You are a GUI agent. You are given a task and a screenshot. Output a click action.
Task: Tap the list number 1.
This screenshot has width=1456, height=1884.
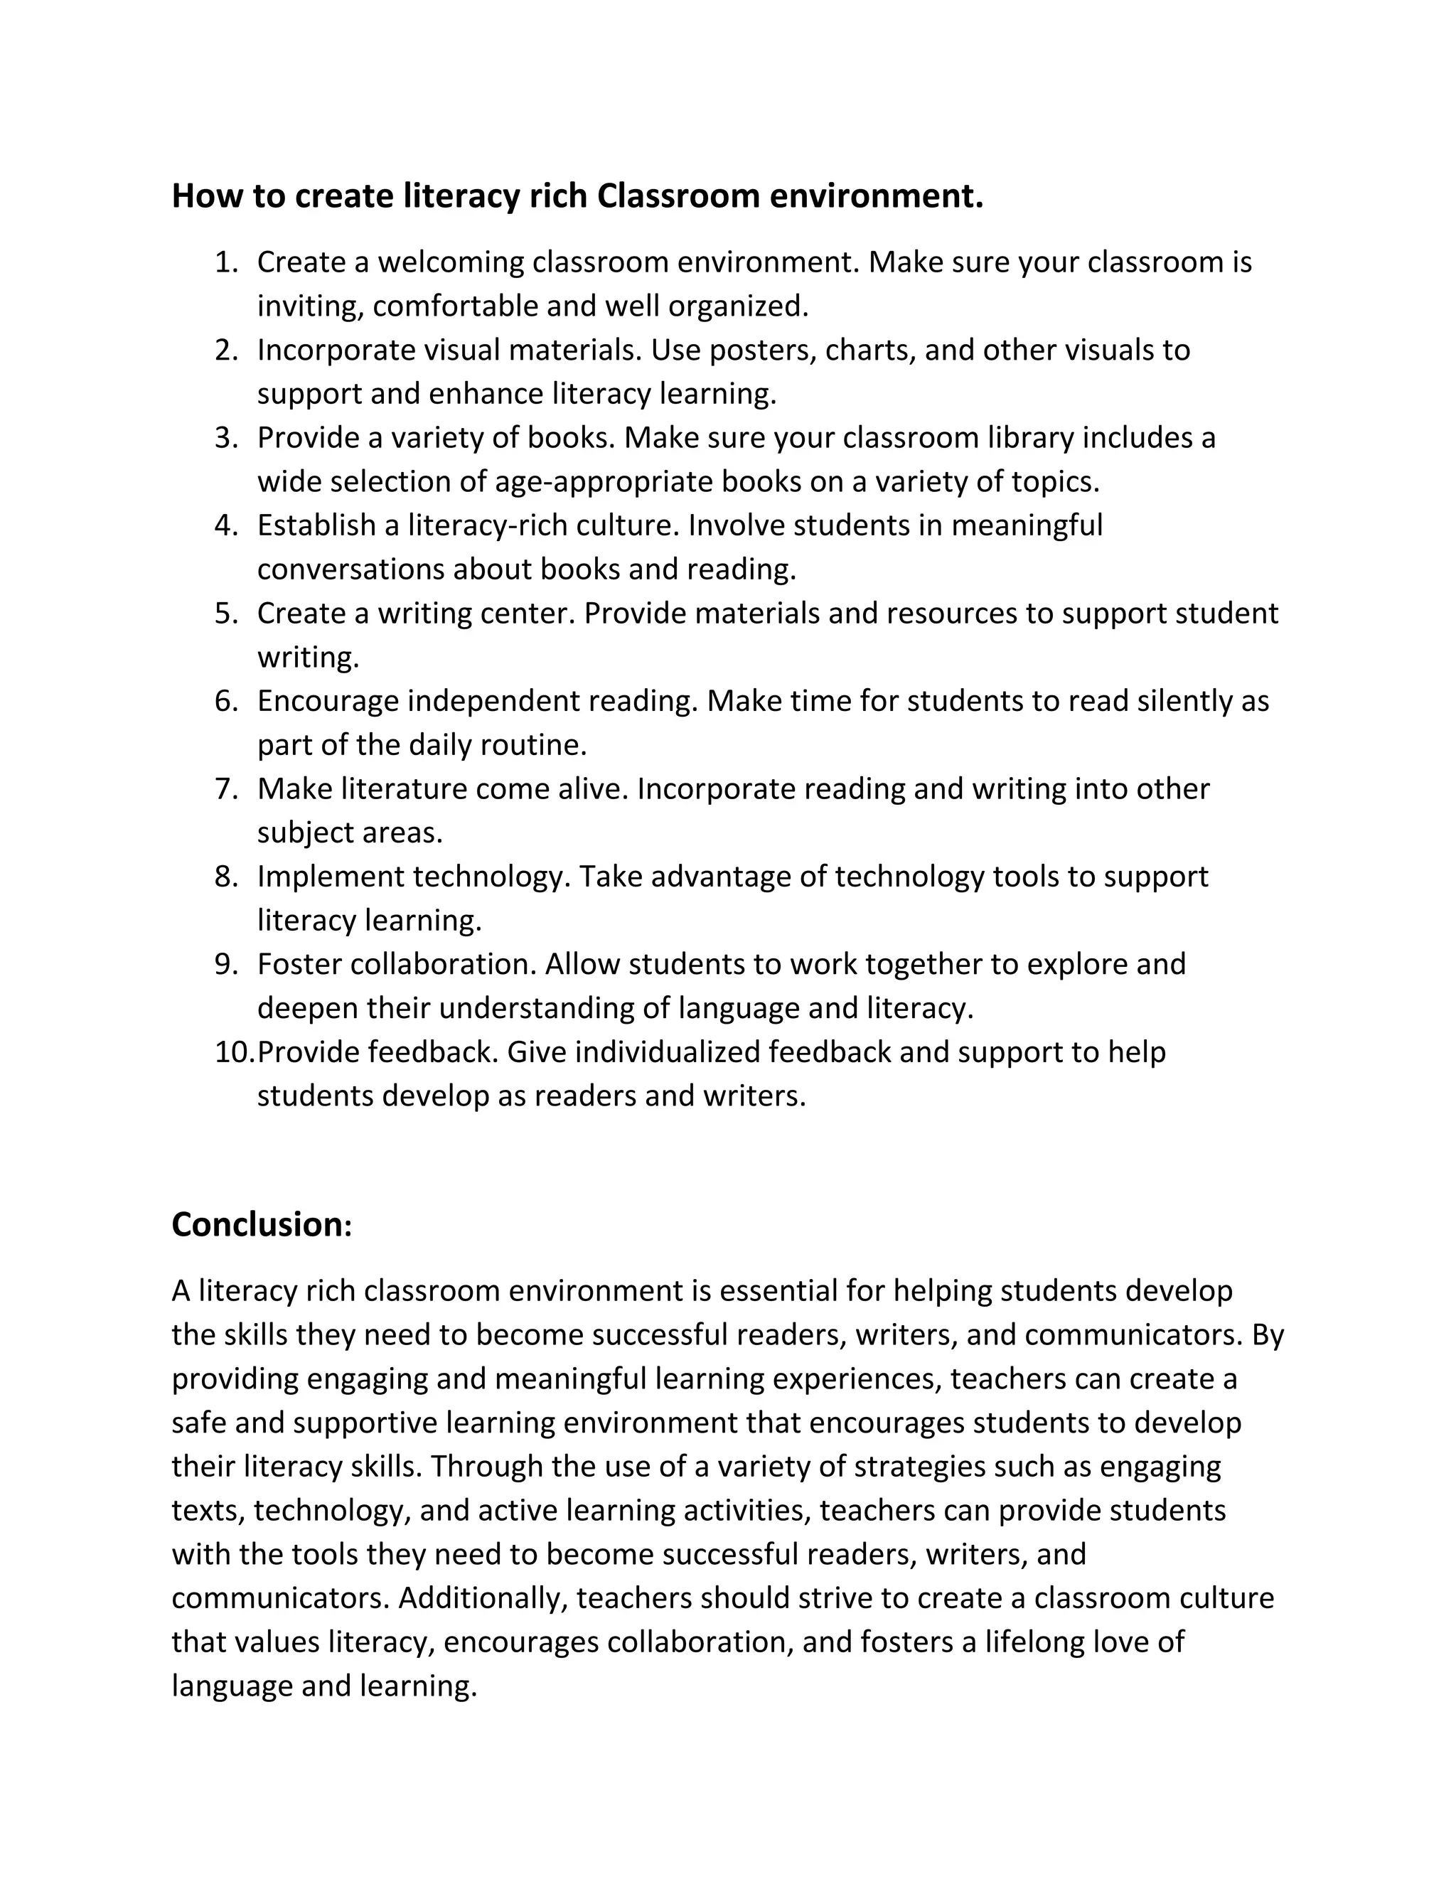coord(226,262)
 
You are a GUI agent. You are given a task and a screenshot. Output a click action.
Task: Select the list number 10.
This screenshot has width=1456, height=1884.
coord(235,1052)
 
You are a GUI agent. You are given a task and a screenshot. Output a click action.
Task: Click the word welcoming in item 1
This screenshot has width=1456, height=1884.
coord(450,262)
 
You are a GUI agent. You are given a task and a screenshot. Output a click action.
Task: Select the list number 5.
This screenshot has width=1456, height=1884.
coord(226,614)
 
